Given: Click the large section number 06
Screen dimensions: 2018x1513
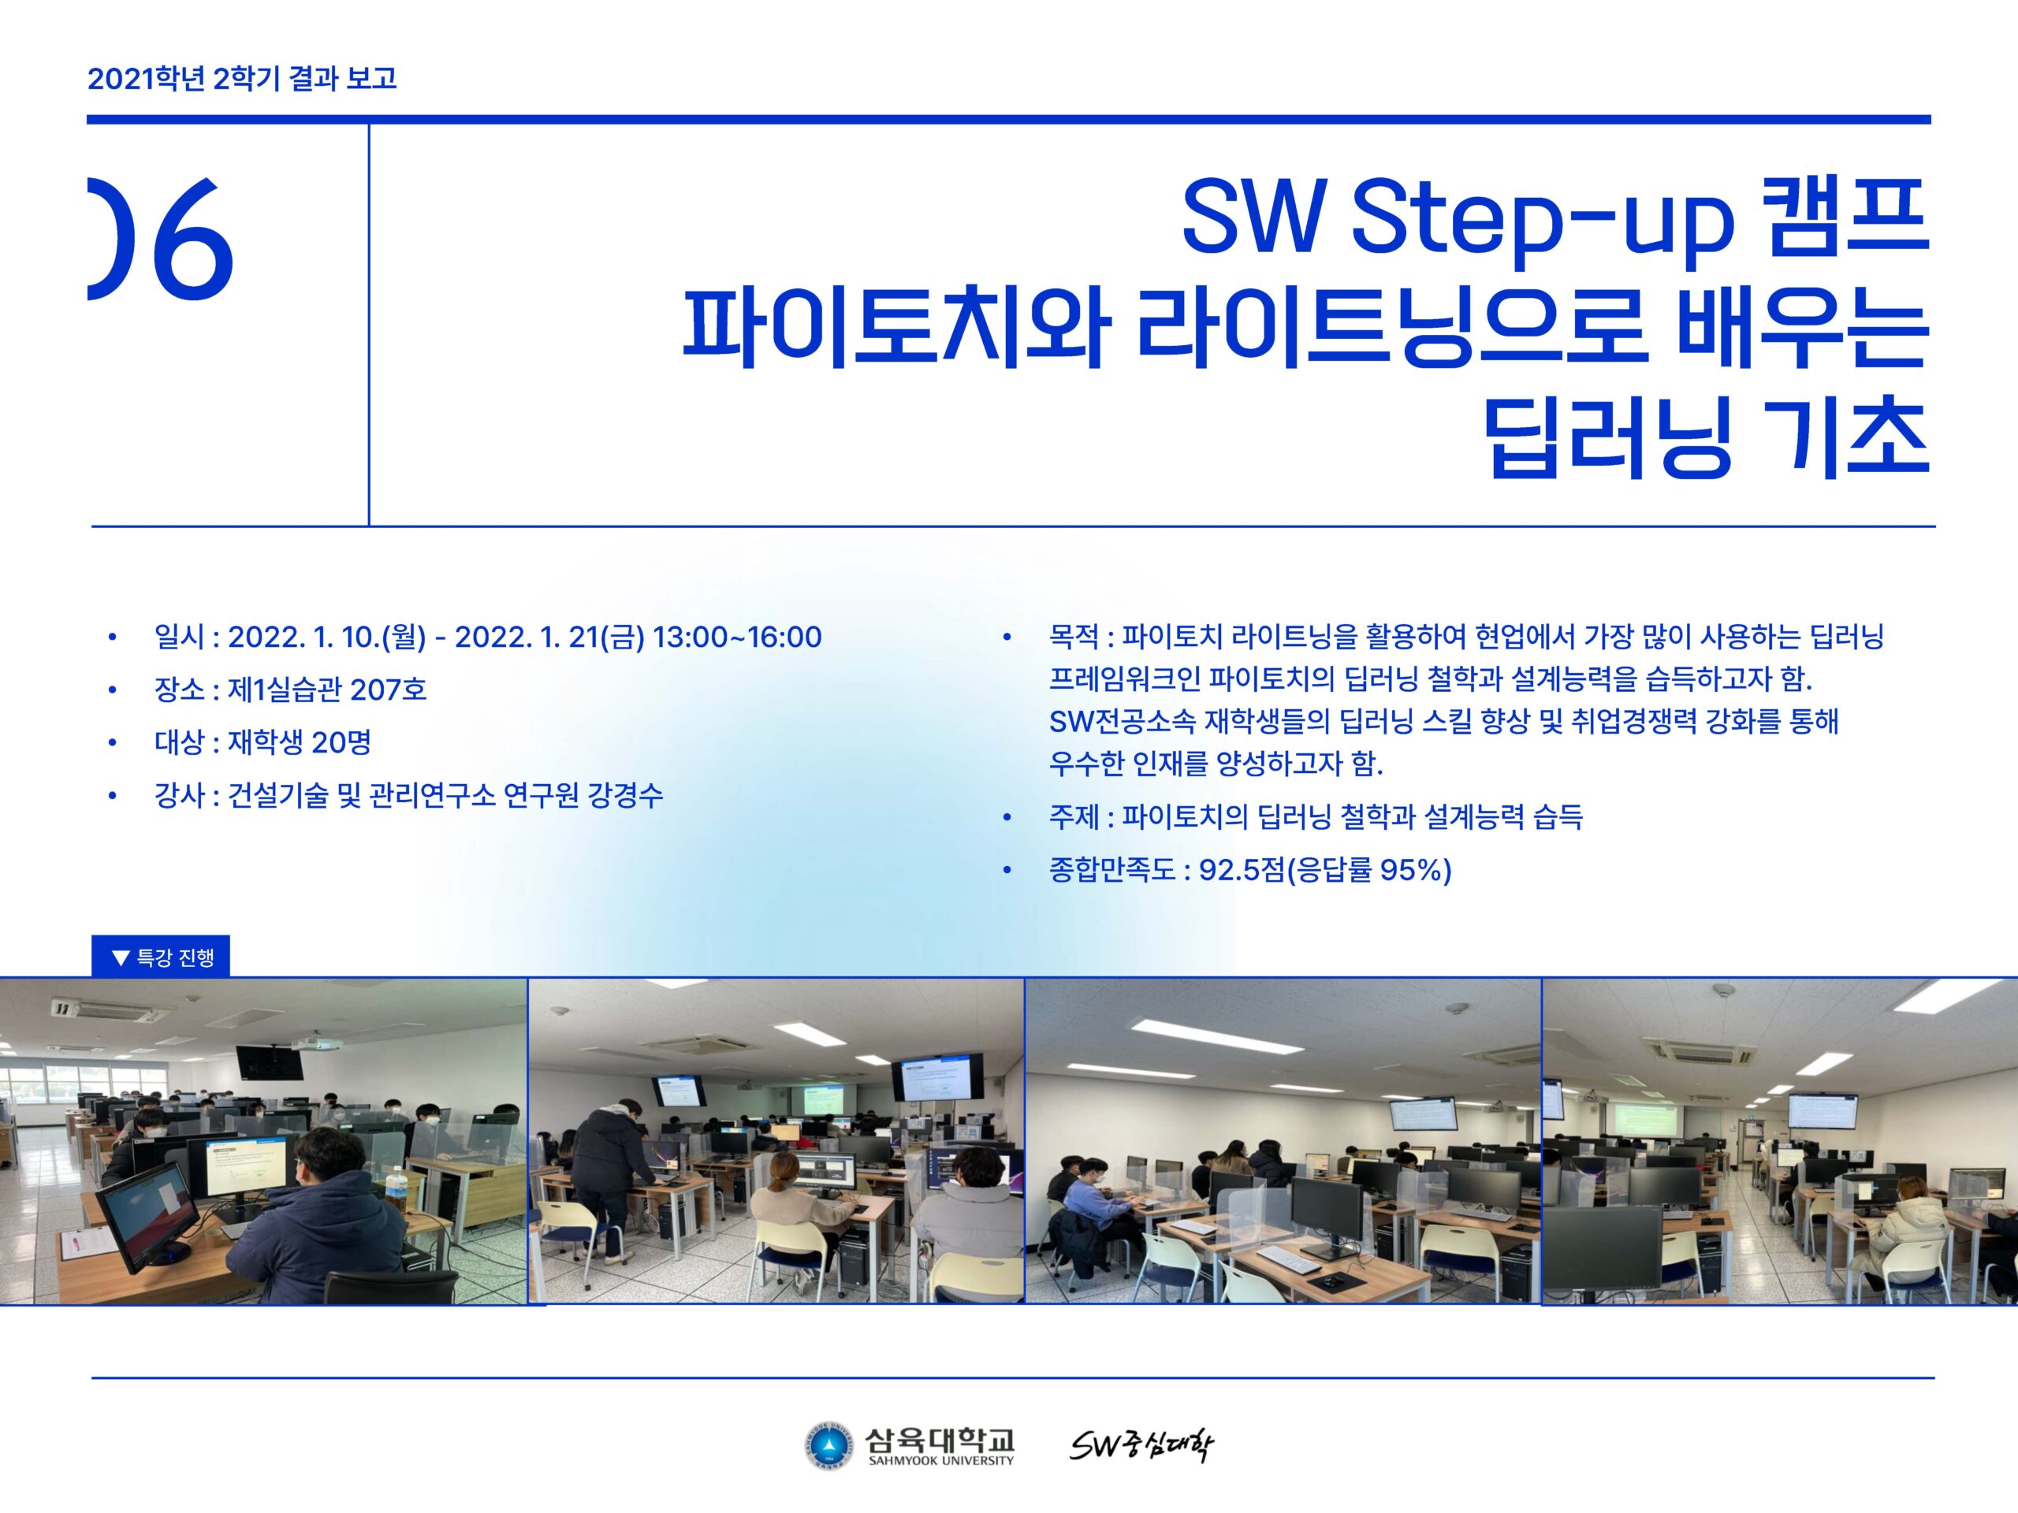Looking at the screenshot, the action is point(161,238).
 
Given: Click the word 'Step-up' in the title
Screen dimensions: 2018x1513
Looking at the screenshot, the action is point(1541,221).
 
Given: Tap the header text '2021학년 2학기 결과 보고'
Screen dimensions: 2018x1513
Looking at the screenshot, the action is point(242,79).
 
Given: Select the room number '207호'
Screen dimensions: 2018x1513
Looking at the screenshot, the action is point(388,689).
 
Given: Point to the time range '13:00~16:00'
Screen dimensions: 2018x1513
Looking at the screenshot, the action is point(737,637).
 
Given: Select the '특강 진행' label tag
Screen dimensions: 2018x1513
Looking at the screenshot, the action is point(161,957).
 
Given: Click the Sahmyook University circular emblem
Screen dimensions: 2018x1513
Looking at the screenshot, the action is point(828,1448).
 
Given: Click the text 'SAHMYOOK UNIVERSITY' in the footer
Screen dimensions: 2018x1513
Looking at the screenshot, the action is point(940,1460).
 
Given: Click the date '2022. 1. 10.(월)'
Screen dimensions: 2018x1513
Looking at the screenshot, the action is point(326,637).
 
